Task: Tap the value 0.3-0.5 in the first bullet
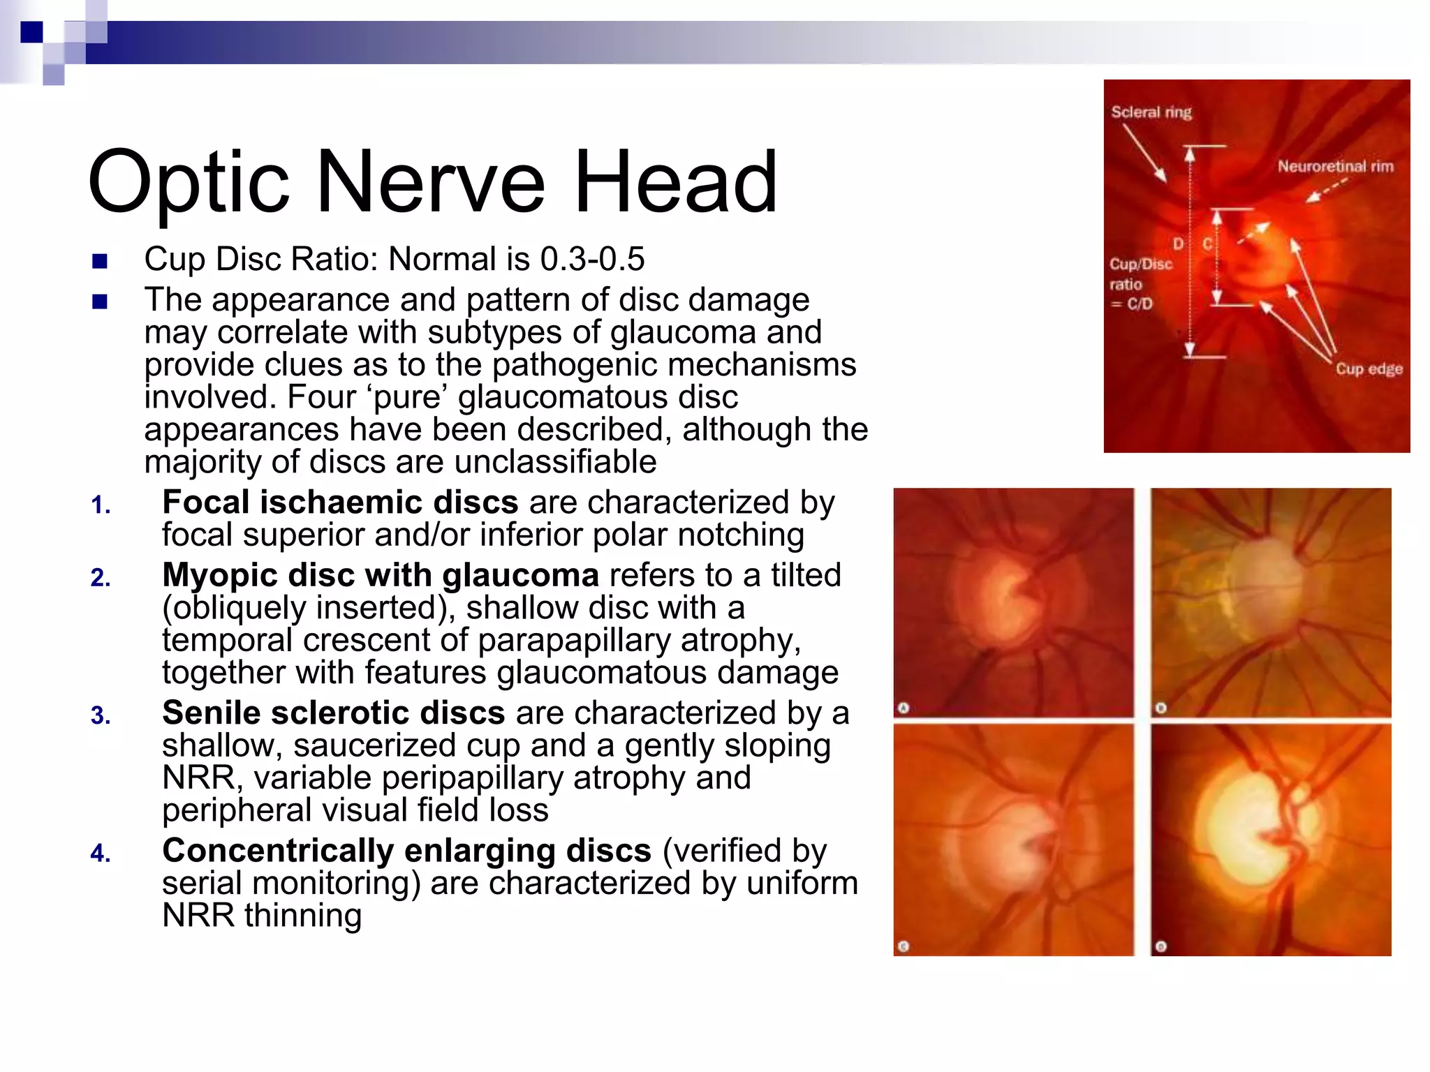[x=592, y=260]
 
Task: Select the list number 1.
[x=101, y=505]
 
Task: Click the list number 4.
[x=101, y=854]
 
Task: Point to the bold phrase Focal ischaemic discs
[x=340, y=502]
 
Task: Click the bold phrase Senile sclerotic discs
[x=333, y=713]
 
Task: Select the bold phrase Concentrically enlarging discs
[x=406, y=851]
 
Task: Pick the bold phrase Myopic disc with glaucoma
[x=381, y=576]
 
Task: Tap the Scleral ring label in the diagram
[x=1151, y=112]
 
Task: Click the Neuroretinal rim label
[x=1335, y=167]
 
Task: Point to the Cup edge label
[x=1369, y=369]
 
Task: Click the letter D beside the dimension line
[x=1179, y=244]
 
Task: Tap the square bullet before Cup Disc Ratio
[x=100, y=262]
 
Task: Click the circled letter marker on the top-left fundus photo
[x=903, y=708]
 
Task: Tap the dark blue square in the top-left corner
[x=31, y=32]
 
